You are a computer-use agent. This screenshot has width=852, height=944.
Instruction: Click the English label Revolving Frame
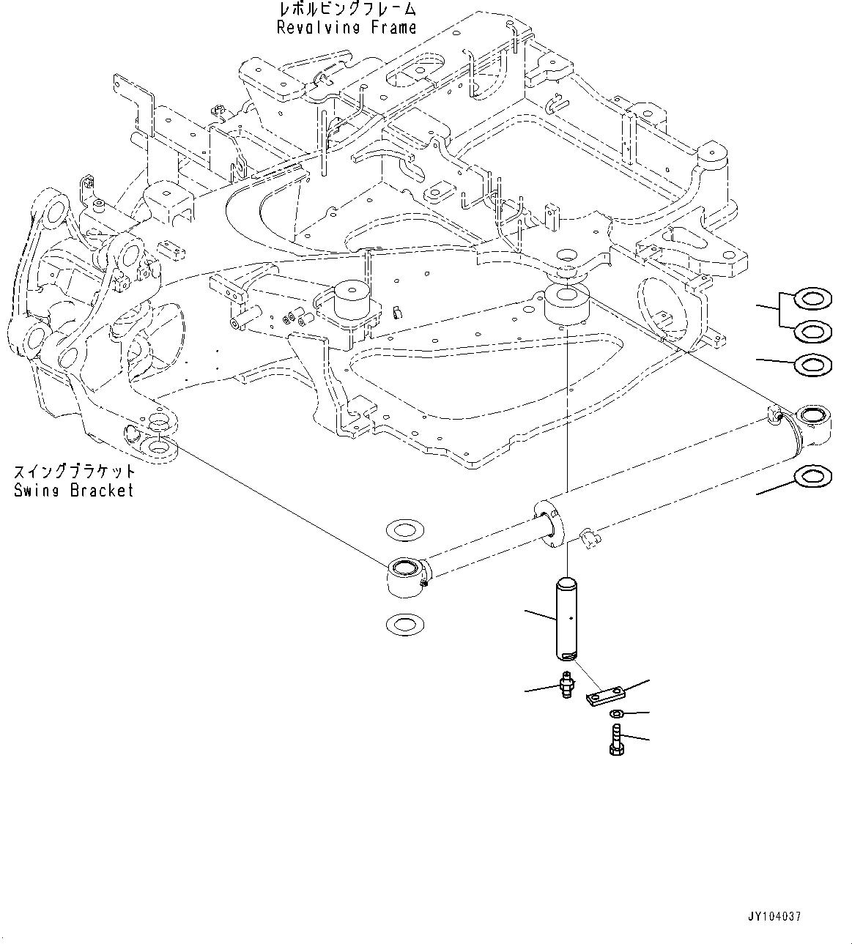click(347, 28)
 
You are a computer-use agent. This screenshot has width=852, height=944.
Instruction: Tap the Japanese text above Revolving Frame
click(347, 10)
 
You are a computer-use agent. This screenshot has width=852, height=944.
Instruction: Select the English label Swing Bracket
click(74, 490)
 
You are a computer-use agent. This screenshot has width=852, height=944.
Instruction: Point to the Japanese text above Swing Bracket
click(74, 471)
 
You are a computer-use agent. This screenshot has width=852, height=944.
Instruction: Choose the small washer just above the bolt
click(617, 713)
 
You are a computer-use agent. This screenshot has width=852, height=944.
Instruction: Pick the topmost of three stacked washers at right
click(812, 299)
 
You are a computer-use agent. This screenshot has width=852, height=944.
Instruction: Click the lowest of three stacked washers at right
click(812, 364)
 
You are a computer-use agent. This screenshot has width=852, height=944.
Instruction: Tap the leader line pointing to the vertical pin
click(539, 614)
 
